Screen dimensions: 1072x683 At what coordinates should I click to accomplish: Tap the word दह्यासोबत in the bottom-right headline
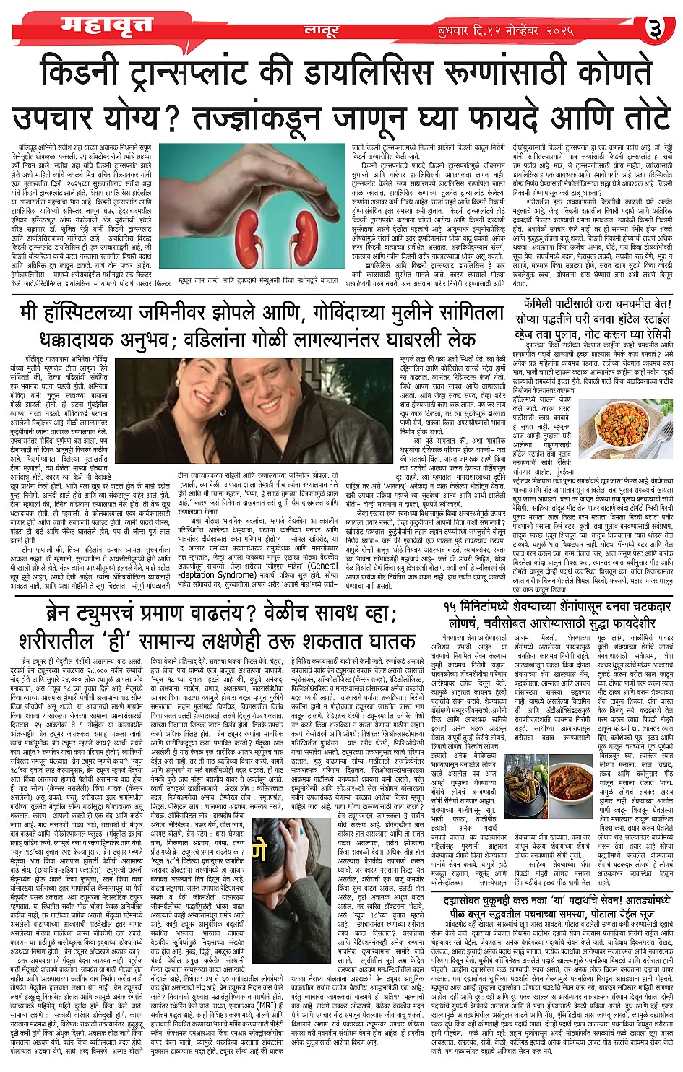484,899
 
